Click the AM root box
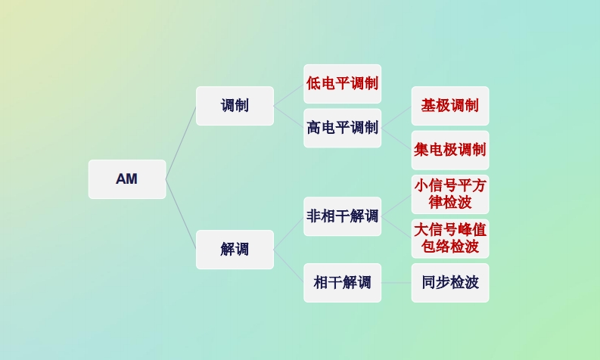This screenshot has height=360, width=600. coord(126,179)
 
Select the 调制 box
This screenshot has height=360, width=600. coord(235,106)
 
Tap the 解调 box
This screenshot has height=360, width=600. coord(235,250)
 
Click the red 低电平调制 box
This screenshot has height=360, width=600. coord(342,83)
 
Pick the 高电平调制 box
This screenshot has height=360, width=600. coord(342,128)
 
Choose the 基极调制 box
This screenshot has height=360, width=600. coord(450,106)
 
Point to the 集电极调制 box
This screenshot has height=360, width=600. coord(450,150)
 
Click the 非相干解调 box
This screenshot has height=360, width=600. coord(342,216)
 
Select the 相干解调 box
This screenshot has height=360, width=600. coord(342,283)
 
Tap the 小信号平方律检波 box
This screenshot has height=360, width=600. coord(450,194)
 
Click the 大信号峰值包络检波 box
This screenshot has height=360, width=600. coord(450,238)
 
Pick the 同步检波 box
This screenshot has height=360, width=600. coord(450,283)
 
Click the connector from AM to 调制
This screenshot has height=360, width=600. coord(181,143)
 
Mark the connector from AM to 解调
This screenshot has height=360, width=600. coord(181,214)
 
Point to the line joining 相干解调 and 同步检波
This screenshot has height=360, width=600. coord(396,283)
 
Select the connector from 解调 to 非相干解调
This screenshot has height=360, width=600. coord(289,233)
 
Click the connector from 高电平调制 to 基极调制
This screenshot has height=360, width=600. coord(396,117)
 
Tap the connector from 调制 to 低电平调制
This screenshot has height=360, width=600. coord(289,95)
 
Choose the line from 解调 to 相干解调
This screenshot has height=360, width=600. coord(289,266)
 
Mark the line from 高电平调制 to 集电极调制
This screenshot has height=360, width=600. coord(396,139)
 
